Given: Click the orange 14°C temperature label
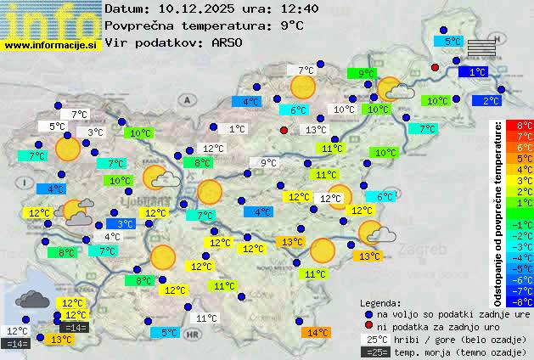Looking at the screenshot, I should point(317,333).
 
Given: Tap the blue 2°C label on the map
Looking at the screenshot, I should point(490,100).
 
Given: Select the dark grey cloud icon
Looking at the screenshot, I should point(31,299).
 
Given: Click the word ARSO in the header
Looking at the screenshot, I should point(228,42).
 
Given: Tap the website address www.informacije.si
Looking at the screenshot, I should point(50,45).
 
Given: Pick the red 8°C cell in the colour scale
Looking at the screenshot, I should point(520,126).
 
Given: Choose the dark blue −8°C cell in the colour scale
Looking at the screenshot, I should point(520,301).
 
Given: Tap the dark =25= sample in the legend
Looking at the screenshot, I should point(374,352).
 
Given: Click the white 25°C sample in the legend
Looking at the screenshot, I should point(374,339).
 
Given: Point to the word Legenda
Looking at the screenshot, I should point(381,302).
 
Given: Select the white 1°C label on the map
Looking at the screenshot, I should point(237,129).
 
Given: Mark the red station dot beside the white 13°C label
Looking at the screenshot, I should point(284,130).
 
